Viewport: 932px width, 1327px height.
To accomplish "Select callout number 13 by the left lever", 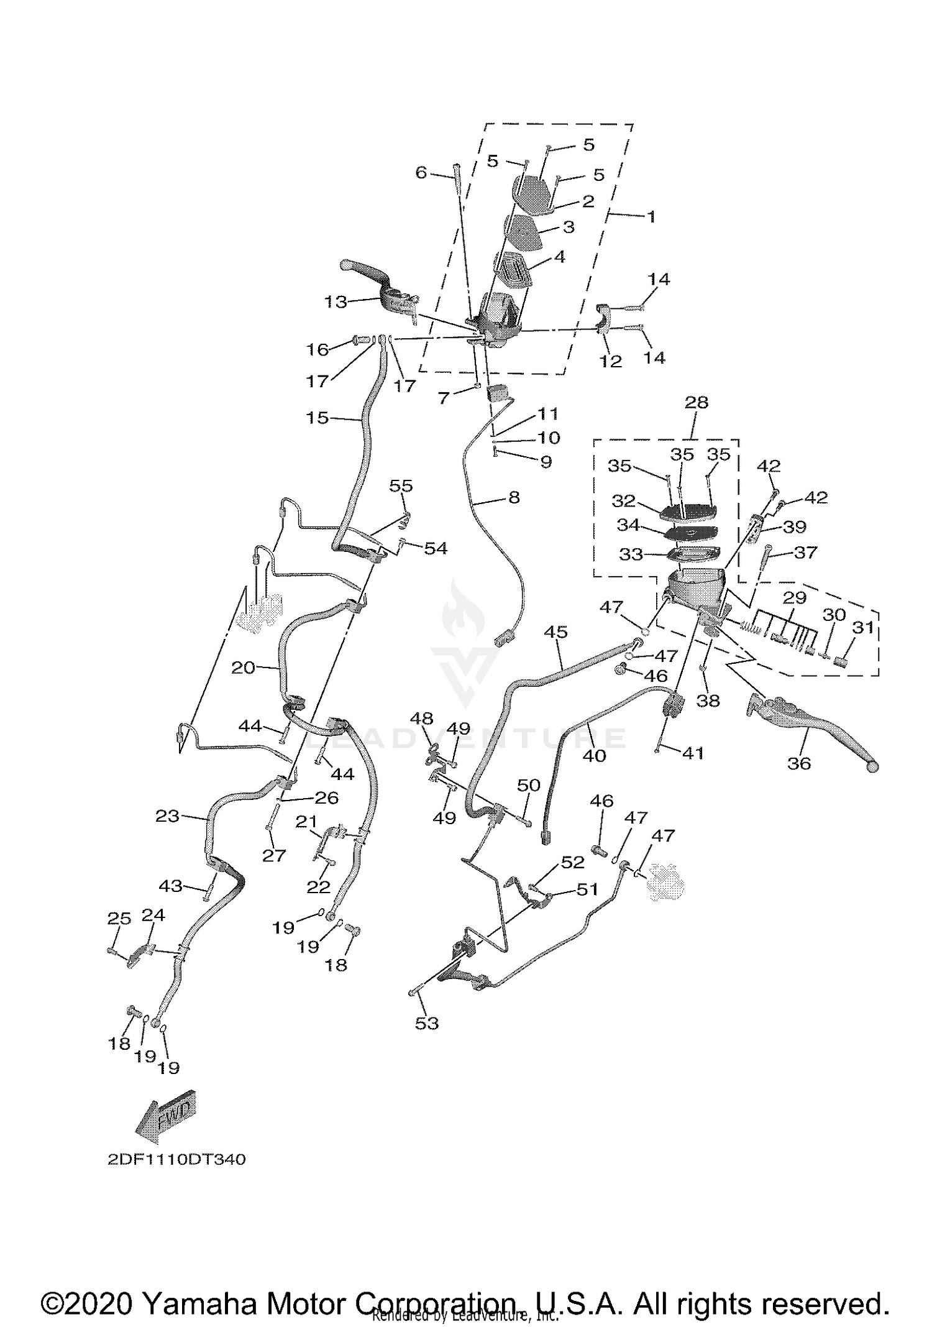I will [336, 302].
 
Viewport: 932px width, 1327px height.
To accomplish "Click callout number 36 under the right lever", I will [799, 763].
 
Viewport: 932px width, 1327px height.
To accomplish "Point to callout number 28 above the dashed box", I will [696, 402].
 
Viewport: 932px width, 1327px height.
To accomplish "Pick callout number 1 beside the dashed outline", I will [651, 217].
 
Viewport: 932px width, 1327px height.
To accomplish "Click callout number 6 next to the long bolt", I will [421, 172].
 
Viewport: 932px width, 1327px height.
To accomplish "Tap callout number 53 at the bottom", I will [427, 1023].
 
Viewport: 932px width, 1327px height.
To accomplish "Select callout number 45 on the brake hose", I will [555, 632].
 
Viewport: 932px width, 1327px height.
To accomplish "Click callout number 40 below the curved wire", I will [594, 755].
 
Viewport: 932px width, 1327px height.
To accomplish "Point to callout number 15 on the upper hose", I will [318, 418].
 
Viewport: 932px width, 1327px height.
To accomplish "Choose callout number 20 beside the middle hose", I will [243, 668].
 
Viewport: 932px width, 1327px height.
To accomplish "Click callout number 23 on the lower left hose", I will [167, 815].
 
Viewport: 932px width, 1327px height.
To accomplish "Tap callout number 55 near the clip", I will [401, 485].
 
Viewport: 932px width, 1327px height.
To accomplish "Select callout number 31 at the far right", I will [862, 628].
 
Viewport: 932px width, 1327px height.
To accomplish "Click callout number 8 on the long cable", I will [514, 497].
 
